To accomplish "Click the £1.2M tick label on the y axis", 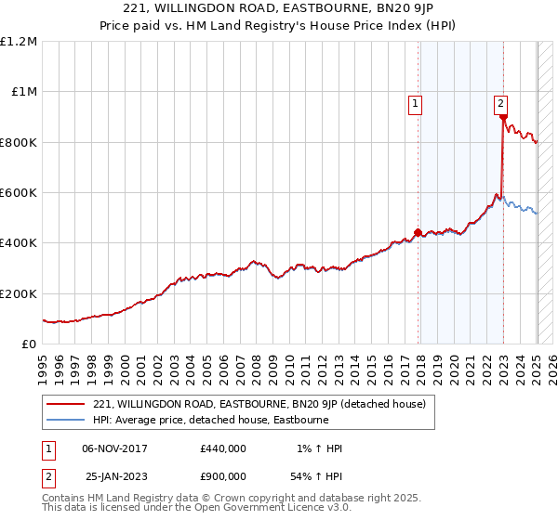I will pyautogui.click(x=20, y=42).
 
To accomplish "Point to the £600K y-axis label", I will pyautogui.click(x=19, y=193).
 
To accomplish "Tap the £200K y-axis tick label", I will pyautogui.click(x=19, y=293).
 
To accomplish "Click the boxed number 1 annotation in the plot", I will pyautogui.click(x=414, y=104).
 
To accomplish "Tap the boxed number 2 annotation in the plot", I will pyautogui.click(x=500, y=104).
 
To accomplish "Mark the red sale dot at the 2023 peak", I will pyautogui.click(x=503, y=118).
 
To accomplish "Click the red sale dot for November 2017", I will pyautogui.click(x=418, y=233).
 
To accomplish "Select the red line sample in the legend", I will pyautogui.click(x=64, y=404).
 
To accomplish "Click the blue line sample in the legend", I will pyautogui.click(x=64, y=420).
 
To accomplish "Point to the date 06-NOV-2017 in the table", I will pyautogui.click(x=114, y=448).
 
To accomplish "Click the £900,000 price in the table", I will pyautogui.click(x=223, y=475).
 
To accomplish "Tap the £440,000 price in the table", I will pyautogui.click(x=223, y=448).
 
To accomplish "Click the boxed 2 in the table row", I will pyautogui.click(x=46, y=475).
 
